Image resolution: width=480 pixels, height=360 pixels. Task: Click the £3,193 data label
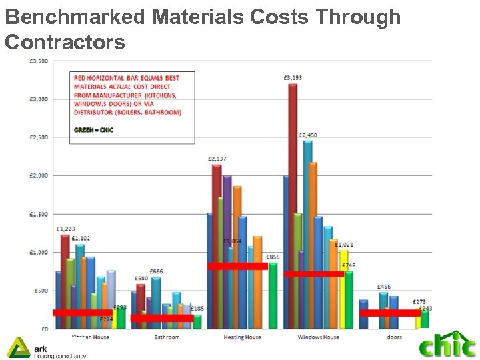coord(293,78)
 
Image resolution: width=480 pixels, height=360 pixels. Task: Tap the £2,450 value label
coord(307,135)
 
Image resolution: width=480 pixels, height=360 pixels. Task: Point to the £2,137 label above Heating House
coord(217,159)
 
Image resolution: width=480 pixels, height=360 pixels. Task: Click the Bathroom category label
coord(166,337)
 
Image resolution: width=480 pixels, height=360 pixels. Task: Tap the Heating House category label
coord(243,337)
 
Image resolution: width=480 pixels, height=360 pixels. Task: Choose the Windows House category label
coord(318,337)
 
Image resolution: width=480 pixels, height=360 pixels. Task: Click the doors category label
coord(394,337)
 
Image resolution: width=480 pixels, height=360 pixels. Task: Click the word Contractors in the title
coord(65,42)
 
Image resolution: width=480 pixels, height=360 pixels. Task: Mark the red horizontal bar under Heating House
coord(237,266)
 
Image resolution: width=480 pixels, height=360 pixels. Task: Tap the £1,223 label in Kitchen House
coord(65,229)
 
